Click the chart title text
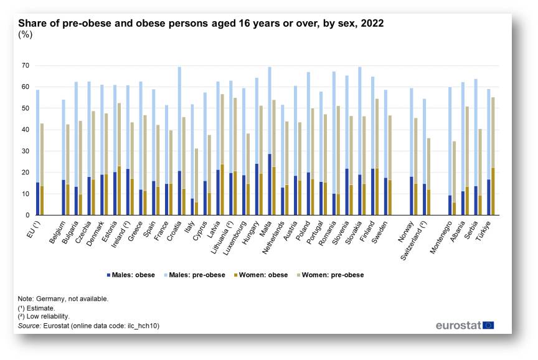[x=201, y=24]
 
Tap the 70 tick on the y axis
[x=26, y=65]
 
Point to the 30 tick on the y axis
[x=26, y=151]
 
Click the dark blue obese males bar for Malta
[x=270, y=184]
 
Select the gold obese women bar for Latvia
[x=222, y=190]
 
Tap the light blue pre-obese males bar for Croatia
[x=179, y=118]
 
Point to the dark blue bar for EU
[x=37, y=199]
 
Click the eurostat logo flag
[x=488, y=325]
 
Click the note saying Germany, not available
[x=64, y=298]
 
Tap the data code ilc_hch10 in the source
[x=141, y=325]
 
